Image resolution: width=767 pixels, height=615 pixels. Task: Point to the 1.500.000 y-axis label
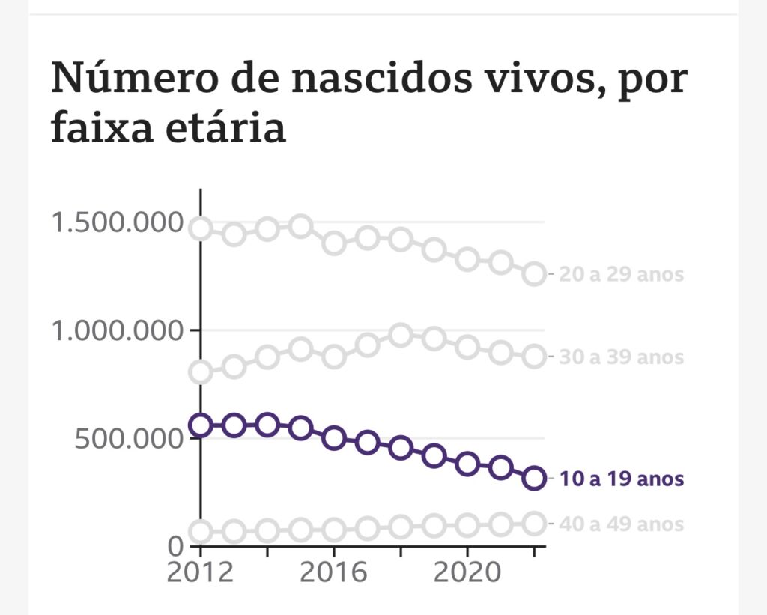tap(117, 222)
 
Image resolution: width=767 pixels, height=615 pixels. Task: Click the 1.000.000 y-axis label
tap(117, 330)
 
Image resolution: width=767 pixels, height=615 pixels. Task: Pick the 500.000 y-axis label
tap(129, 438)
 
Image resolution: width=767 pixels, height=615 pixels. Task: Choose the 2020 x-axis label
tap(467, 573)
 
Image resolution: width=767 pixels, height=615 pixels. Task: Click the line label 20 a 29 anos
tap(622, 275)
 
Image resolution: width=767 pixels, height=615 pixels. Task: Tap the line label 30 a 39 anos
tap(622, 357)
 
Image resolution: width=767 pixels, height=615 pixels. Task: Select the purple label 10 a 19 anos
tap(622, 479)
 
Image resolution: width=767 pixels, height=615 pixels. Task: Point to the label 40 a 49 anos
tap(622, 524)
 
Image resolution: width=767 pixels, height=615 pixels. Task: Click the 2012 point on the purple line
tap(201, 425)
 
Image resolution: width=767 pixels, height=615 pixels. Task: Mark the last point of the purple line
tap(534, 477)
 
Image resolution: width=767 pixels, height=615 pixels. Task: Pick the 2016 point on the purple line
tap(334, 437)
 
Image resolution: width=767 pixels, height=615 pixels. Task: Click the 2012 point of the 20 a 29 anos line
tap(201, 229)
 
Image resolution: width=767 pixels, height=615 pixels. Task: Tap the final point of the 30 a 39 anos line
tap(534, 357)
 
